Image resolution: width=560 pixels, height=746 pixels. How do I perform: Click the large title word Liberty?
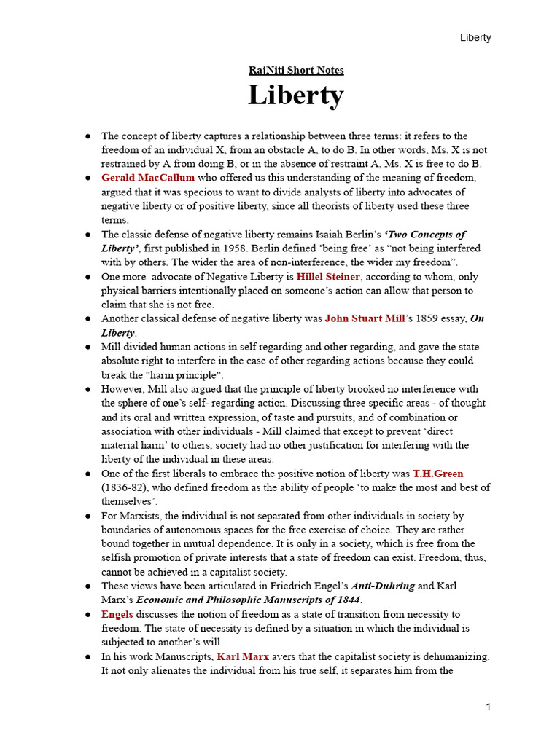(295, 95)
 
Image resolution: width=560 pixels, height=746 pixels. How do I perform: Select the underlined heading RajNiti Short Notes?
(296, 71)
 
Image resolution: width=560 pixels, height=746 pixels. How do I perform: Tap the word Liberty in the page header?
(475, 38)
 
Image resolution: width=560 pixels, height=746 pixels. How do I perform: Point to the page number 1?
(489, 707)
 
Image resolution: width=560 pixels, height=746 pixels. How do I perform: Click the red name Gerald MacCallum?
(148, 178)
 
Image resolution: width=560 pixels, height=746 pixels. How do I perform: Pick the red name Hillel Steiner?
(328, 277)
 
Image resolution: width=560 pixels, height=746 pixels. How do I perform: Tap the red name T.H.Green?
(437, 474)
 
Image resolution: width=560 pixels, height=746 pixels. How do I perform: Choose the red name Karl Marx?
(244, 656)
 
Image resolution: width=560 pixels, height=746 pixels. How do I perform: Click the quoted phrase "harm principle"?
(184, 374)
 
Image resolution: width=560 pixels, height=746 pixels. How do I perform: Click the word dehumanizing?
(452, 656)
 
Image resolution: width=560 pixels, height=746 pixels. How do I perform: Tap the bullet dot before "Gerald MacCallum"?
(88, 178)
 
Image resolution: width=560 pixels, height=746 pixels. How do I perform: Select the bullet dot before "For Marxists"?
(88, 517)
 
